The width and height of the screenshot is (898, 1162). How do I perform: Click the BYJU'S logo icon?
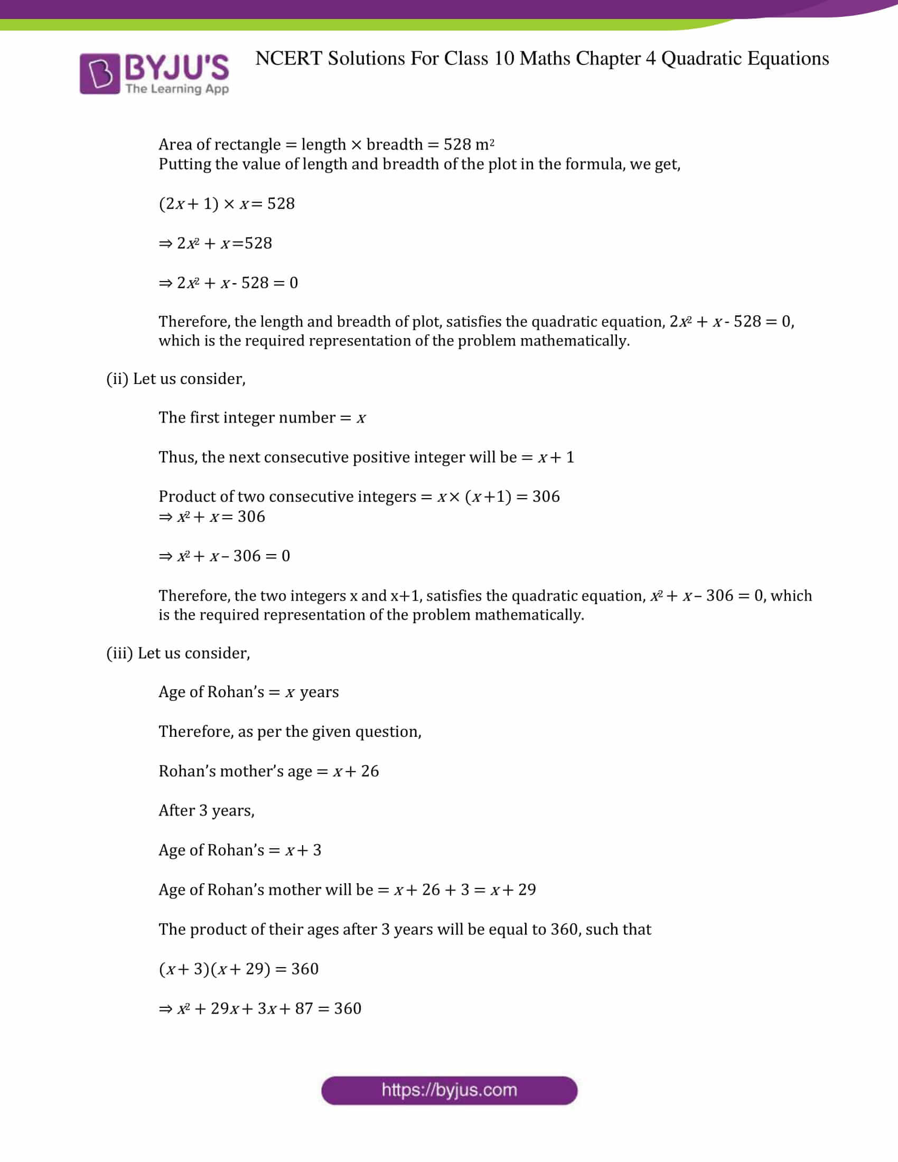[x=100, y=73]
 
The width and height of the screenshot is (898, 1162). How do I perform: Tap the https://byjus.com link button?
[x=449, y=1090]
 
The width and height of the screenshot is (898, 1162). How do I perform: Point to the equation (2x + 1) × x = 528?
[x=227, y=204]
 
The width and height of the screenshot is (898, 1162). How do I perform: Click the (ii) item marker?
[x=117, y=379]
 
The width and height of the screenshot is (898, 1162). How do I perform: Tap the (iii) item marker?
[x=120, y=653]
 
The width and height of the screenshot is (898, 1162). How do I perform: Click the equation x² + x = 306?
[x=212, y=517]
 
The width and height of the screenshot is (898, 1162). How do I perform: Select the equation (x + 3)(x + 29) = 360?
[x=238, y=969]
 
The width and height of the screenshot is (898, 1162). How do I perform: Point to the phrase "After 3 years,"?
[x=207, y=810]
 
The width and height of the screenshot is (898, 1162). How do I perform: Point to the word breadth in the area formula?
[x=394, y=144]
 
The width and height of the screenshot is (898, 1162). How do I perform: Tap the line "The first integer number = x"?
[x=261, y=418]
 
